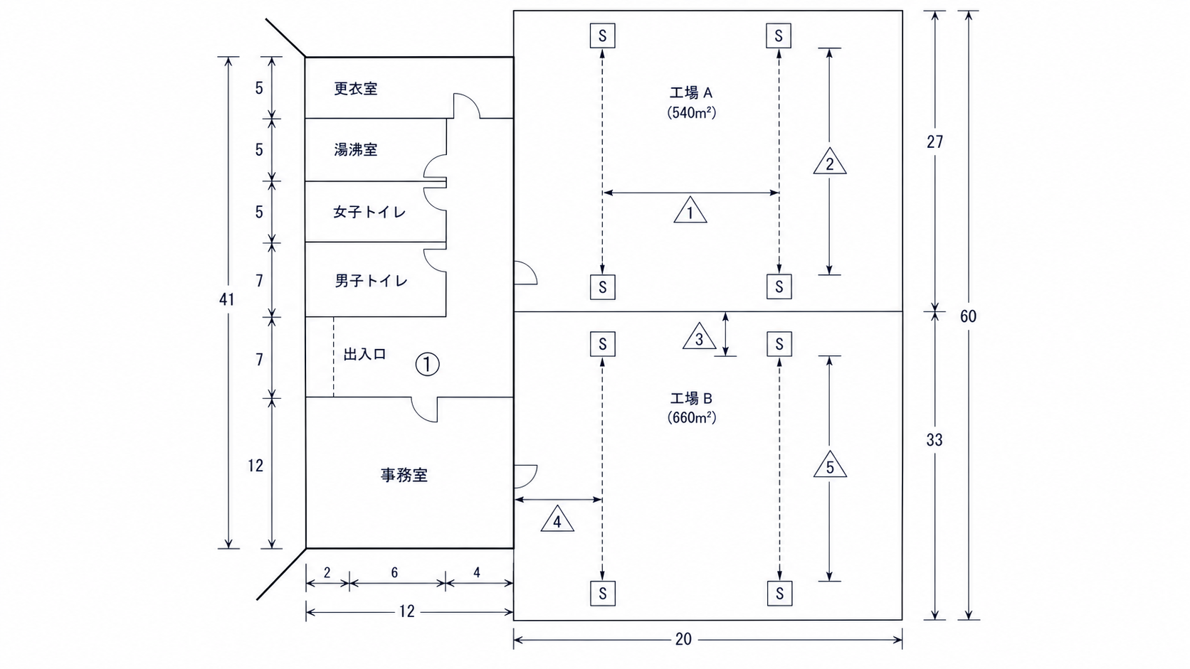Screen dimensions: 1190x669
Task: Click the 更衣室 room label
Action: (x=355, y=89)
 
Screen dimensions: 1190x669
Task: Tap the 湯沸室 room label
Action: (x=355, y=149)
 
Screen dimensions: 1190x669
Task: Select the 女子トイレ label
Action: (x=370, y=212)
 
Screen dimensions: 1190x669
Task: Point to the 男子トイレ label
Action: (x=371, y=281)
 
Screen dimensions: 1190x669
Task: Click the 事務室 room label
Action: (x=404, y=475)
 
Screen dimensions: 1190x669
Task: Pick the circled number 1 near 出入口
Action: (x=427, y=365)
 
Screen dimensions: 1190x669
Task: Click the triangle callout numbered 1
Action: (x=690, y=210)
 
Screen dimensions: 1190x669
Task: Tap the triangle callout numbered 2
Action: (x=830, y=162)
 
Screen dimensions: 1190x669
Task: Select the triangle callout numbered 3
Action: (x=699, y=336)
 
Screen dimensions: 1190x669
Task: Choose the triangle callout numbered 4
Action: (x=557, y=519)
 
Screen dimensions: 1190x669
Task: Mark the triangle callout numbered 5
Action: (x=830, y=465)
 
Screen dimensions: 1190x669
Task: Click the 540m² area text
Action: (x=692, y=113)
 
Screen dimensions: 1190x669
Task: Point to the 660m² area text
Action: (x=692, y=418)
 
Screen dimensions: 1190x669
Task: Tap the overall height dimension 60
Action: (x=968, y=317)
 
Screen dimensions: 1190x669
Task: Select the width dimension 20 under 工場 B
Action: (x=684, y=639)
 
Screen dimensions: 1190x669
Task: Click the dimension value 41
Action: (x=227, y=300)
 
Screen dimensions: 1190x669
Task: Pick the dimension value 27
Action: (x=935, y=142)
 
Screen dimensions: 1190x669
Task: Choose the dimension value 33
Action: (x=934, y=440)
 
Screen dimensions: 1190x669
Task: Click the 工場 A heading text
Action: (x=690, y=93)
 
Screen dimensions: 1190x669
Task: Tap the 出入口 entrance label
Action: (x=364, y=354)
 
